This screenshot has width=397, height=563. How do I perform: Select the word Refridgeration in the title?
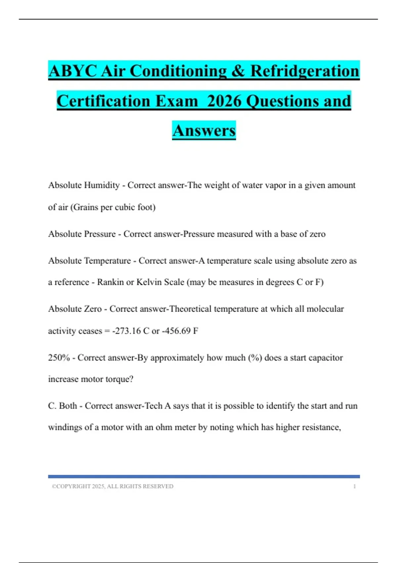click(x=304, y=71)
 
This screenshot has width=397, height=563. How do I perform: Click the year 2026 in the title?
click(x=225, y=101)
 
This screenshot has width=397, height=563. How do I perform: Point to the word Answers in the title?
click(x=204, y=130)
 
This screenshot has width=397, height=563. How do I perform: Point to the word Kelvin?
click(x=148, y=282)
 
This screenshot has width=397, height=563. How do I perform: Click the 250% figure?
click(x=59, y=358)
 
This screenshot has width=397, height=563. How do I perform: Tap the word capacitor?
click(x=326, y=358)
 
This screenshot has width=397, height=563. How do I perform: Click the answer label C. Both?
click(x=63, y=406)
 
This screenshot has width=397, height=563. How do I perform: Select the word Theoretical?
click(x=190, y=309)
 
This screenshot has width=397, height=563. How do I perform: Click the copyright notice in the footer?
click(x=112, y=486)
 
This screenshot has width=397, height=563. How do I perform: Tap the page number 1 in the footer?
click(x=354, y=486)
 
